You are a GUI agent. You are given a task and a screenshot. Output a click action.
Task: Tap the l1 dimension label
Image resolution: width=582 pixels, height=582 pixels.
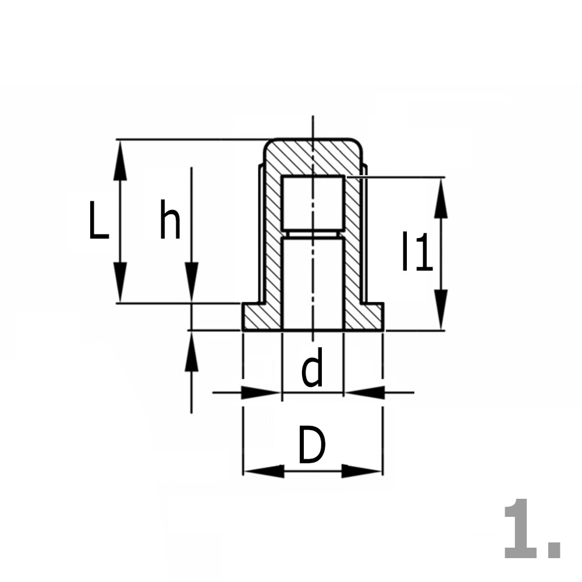(x=417, y=252)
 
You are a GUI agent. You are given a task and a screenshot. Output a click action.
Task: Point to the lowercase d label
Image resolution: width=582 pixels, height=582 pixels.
(x=313, y=371)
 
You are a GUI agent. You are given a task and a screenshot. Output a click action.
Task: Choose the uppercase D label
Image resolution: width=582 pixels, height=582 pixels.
(x=312, y=446)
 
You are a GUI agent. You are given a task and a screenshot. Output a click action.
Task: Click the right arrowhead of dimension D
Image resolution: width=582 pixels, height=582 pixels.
(x=362, y=471)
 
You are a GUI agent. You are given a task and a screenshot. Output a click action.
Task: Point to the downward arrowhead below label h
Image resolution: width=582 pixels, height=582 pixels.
(x=191, y=282)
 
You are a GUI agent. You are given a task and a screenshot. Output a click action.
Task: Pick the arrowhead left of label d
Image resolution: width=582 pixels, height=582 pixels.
(x=262, y=392)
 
